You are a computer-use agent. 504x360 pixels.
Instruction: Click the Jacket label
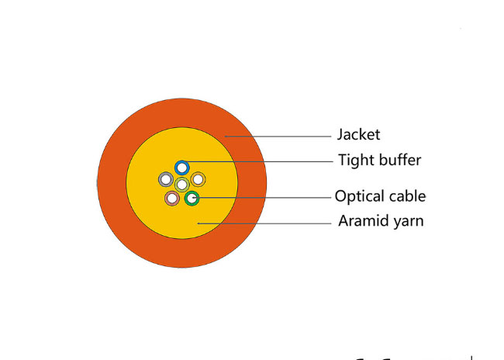[x=358, y=135]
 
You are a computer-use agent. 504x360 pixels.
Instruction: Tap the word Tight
[x=357, y=160]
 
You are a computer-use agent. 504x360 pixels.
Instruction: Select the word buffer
[x=400, y=160]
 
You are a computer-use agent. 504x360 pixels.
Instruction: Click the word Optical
[x=355, y=196]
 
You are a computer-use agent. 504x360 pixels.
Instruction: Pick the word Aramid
[x=361, y=221]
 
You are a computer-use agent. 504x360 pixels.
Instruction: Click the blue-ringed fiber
[x=182, y=168]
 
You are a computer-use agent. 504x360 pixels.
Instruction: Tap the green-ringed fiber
[x=192, y=199]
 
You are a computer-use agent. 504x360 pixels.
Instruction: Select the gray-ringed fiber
[x=166, y=179]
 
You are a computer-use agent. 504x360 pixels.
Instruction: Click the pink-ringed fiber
[x=172, y=199]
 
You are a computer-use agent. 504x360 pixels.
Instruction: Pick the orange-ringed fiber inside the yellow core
[x=198, y=179]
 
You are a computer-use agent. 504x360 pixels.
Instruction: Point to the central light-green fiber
[x=182, y=185]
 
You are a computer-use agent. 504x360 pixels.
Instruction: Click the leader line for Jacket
[x=278, y=137]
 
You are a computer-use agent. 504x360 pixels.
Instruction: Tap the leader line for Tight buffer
[x=260, y=161]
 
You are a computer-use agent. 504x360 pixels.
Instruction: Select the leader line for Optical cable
[x=261, y=198]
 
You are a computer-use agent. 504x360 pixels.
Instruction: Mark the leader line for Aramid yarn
[x=264, y=223]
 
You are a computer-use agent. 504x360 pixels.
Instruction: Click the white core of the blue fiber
[x=182, y=168]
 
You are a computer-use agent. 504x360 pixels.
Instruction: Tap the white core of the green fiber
[x=192, y=199]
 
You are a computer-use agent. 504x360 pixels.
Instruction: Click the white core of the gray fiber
[x=166, y=179]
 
